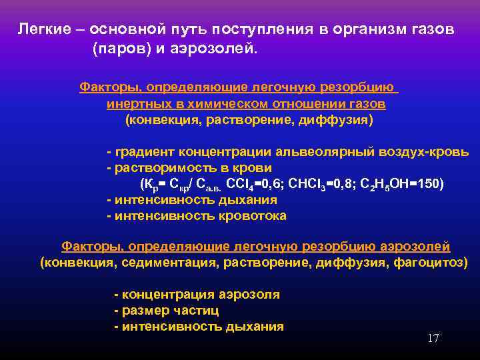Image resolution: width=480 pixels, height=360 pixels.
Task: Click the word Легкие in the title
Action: coord(41,31)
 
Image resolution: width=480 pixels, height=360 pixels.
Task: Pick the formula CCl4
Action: coord(239,184)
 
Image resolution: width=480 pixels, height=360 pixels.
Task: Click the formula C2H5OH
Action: coord(384,184)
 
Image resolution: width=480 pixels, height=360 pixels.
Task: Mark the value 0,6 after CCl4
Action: coord(268,184)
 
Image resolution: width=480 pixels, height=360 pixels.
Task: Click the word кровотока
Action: coord(247,215)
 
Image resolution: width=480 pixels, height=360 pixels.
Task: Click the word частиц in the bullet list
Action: coord(196,311)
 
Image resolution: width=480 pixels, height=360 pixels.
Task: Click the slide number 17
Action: coord(433,339)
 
